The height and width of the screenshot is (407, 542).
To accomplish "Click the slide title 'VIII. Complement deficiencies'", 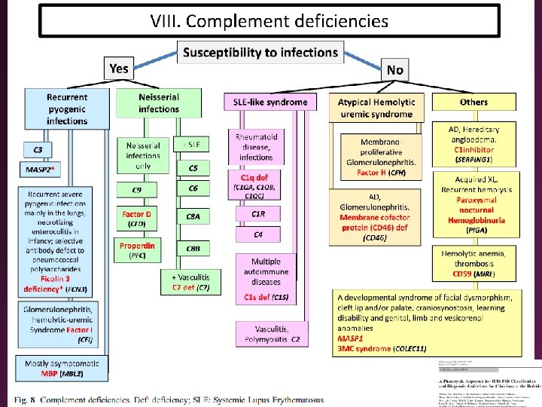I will pos(269,20).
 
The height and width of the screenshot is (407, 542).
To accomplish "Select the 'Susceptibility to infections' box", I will pos(260,52).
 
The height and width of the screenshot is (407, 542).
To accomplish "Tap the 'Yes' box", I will pos(119,69).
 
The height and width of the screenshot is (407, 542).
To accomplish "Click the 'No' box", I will pos(394,69).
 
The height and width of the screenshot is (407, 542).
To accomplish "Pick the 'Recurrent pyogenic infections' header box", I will pos(66,109).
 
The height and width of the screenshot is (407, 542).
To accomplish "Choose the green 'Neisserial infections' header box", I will pos(159,103).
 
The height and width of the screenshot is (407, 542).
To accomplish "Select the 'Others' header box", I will pos(473,102).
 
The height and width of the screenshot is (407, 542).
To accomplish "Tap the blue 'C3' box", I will pos(38,149).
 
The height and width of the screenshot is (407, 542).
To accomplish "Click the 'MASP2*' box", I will pos(42,170).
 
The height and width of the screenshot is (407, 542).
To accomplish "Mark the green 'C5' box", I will pos(193,168).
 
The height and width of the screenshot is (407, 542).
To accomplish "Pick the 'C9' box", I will pos(136,189).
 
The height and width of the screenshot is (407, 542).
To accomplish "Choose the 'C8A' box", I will pos(193,216).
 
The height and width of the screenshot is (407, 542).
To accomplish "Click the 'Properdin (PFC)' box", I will pos(136,249).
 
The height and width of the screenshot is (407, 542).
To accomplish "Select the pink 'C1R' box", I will pos(257,214).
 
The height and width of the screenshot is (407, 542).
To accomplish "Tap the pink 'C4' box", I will pos(257,235).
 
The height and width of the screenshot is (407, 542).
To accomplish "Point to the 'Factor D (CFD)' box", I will pos(136,219).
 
